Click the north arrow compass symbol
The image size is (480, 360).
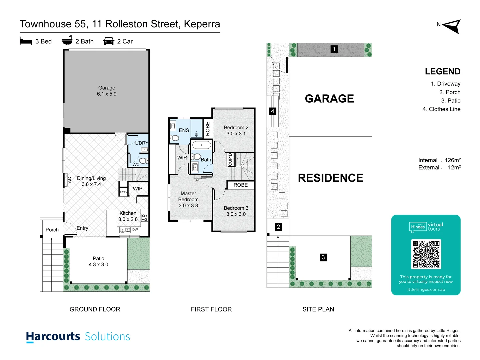coord(452,26)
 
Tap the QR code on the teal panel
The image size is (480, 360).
coord(426,254)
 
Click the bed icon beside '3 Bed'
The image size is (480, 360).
coord(26,41)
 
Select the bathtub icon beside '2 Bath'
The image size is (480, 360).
coord(67,41)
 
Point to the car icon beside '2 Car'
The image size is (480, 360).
coord(109,41)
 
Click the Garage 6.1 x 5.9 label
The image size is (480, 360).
coord(107,91)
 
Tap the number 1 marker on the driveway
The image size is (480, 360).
coord(334,49)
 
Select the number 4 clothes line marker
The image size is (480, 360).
coord(273,111)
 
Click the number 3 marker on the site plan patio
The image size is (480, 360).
coord(323,257)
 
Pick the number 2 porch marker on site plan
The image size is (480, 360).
coord(278,227)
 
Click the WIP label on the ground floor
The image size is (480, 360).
coord(138,189)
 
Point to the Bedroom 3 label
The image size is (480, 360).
coord(236,211)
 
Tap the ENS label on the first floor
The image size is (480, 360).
coord(184,130)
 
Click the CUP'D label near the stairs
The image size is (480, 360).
coord(230,159)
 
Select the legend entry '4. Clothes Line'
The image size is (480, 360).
coord(441,109)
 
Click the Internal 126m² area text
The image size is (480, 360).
coord(439,160)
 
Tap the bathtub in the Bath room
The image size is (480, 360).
coord(202,145)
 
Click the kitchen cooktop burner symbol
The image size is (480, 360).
coord(145,218)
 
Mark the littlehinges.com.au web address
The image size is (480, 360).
coord(426,289)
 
